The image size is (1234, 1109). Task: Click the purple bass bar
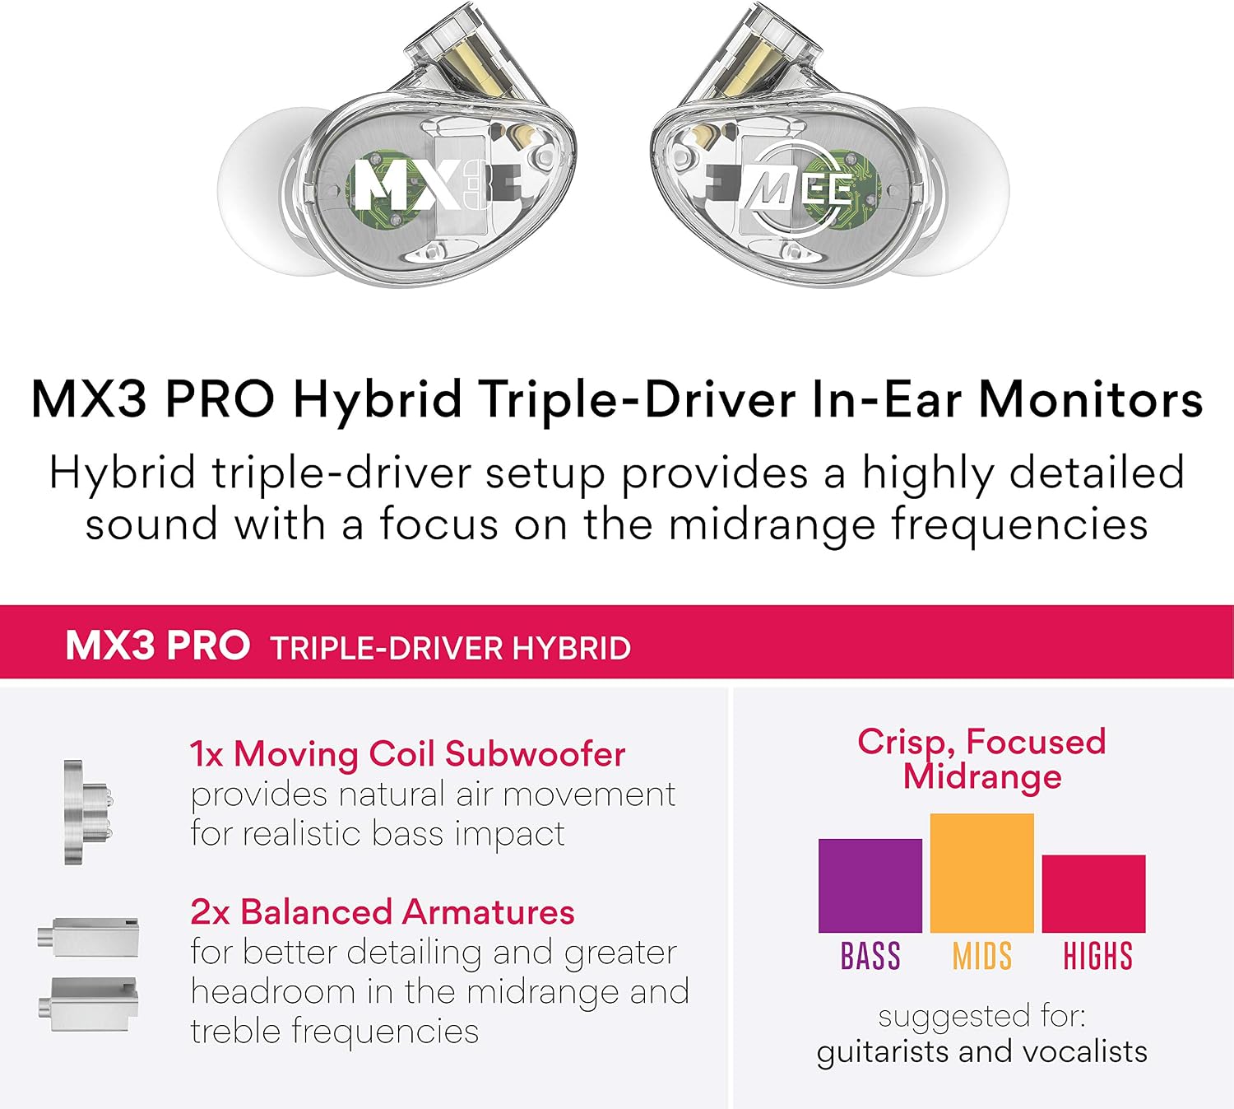pyautogui.click(x=870, y=886)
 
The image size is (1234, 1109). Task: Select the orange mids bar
pyautogui.click(x=981, y=873)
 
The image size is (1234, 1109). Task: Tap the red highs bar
pyautogui.click(x=1093, y=894)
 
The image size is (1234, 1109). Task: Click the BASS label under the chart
pyautogui.click(x=870, y=956)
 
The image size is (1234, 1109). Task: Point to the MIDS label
pyautogui.click(x=981, y=956)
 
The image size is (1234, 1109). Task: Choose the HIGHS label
pyautogui.click(x=1097, y=956)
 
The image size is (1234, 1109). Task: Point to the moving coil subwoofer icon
pyautogui.click(x=88, y=812)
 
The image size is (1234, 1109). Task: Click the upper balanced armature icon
pyautogui.click(x=88, y=937)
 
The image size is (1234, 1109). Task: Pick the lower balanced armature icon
pyautogui.click(x=88, y=1004)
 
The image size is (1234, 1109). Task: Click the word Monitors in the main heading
pyautogui.click(x=1091, y=399)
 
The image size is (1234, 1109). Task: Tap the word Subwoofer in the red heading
pyautogui.click(x=535, y=754)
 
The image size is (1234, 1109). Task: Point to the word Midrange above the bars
pyautogui.click(x=981, y=776)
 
